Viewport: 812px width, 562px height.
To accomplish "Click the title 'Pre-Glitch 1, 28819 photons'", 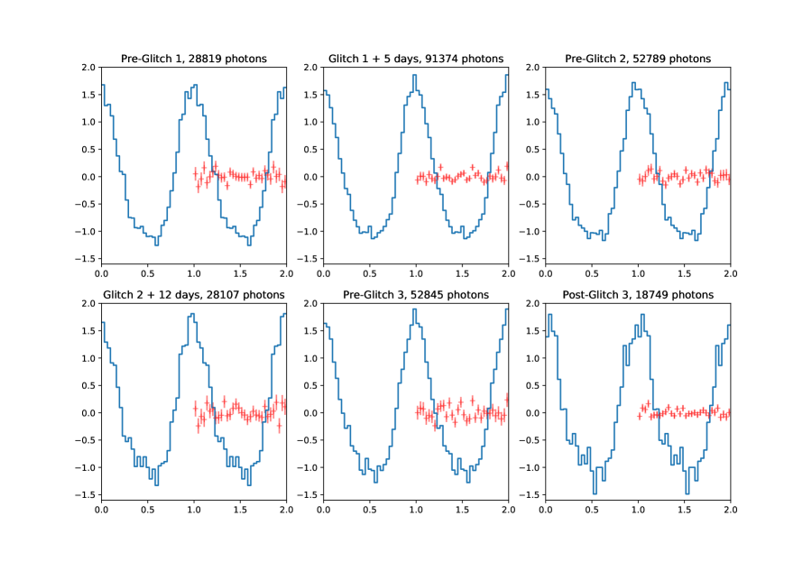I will pos(194,59).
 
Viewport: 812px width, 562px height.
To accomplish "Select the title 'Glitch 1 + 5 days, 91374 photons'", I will pos(416,59).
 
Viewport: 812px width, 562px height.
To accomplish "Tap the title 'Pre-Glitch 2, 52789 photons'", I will pos(638,59).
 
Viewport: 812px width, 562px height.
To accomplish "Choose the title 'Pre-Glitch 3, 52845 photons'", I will pos(416,295).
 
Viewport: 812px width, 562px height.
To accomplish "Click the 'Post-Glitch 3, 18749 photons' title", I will pos(638,295).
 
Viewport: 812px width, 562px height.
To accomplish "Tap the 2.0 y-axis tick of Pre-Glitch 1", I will pos(88,68).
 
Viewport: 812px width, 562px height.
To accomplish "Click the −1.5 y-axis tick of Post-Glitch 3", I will pos(531,495).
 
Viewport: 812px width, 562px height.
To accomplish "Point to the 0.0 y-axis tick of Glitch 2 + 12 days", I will pos(88,413).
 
